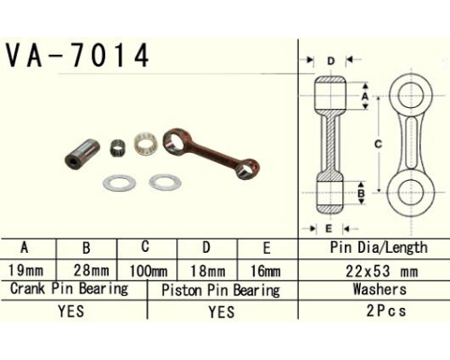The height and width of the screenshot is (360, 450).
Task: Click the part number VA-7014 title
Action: tap(77, 55)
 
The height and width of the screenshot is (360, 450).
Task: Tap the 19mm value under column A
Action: tap(26, 271)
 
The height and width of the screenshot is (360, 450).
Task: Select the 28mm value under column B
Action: tap(91, 271)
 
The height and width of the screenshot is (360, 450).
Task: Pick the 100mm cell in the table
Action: tap(148, 272)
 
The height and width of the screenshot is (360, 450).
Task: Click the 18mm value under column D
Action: tap(208, 271)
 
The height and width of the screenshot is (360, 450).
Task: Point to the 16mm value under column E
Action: tap(265, 271)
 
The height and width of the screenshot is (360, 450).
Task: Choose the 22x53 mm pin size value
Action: tap(382, 272)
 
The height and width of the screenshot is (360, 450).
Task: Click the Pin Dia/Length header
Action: tap(379, 247)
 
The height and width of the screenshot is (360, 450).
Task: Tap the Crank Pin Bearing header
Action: tap(69, 289)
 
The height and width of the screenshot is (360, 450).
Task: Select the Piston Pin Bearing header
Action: tap(220, 290)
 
